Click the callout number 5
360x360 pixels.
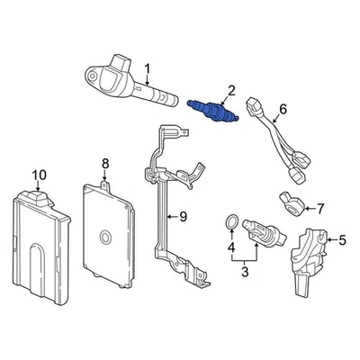coord(341,239)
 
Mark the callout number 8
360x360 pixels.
coord(104,163)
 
